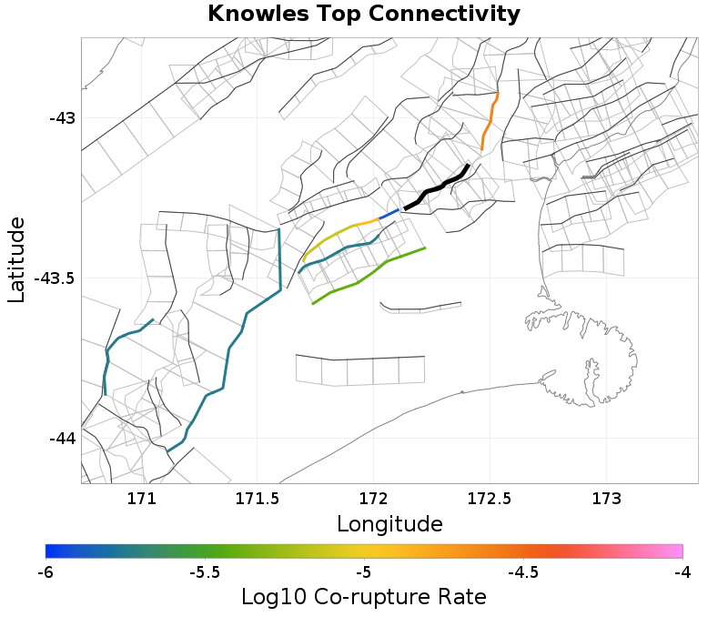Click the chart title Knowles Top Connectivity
tap(364, 15)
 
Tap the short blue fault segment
tap(389, 214)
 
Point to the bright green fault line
tap(373, 272)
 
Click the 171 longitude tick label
tap(141, 498)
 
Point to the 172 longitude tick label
tap(374, 498)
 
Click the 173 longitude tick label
tap(607, 498)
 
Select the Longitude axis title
tap(389, 524)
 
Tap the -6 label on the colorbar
tap(46, 572)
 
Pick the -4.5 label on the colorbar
tap(523, 572)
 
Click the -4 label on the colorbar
tap(682, 572)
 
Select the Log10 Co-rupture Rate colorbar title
tap(364, 597)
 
